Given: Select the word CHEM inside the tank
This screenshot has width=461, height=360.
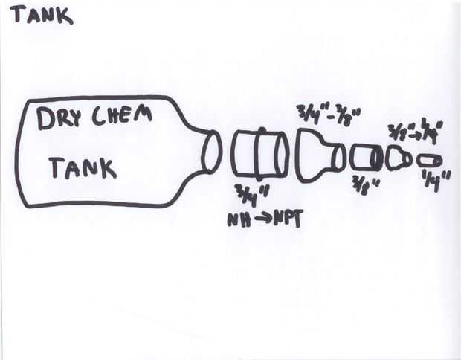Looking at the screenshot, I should pos(124,115).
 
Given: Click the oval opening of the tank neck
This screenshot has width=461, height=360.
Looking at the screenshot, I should pos(212,151).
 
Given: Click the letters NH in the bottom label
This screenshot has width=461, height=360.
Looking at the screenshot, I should pos(239,220).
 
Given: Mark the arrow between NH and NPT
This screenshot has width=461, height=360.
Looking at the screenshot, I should pos(261,220).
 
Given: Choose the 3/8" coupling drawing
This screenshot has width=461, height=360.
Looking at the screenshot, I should pos(366,158).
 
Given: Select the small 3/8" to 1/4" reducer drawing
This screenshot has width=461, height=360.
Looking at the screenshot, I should pos(399,158).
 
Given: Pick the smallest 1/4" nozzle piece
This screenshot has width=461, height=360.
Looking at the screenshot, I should pos(430,161).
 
